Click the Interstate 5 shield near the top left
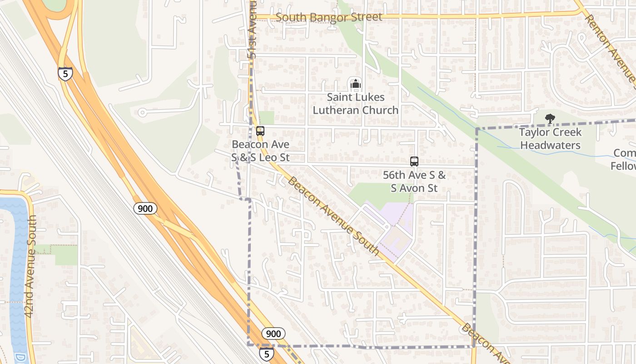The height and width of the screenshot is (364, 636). pyautogui.click(x=65, y=74)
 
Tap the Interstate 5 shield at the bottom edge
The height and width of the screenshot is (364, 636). pyautogui.click(x=267, y=354)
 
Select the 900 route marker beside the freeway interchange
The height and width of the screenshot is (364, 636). pyautogui.click(x=145, y=208)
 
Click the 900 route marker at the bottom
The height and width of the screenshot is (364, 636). pyautogui.click(x=273, y=334)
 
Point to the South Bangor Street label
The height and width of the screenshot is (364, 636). pyautogui.click(x=329, y=17)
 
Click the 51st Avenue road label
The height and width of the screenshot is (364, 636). pyautogui.click(x=253, y=30)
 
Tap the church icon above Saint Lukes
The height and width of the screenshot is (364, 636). pyautogui.click(x=355, y=84)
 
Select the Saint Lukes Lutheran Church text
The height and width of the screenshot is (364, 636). pyautogui.click(x=355, y=104)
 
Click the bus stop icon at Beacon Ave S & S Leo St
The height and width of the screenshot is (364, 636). pyautogui.click(x=260, y=131)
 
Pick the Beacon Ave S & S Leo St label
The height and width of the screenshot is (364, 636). pyautogui.click(x=260, y=151)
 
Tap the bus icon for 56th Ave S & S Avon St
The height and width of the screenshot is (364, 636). pyautogui.click(x=414, y=162)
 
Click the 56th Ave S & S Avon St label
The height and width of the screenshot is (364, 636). pyautogui.click(x=414, y=182)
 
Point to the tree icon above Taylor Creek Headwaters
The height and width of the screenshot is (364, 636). pyautogui.click(x=550, y=119)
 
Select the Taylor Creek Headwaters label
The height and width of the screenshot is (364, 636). pyautogui.click(x=550, y=139)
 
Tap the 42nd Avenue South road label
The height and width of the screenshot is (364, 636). pyautogui.click(x=30, y=266)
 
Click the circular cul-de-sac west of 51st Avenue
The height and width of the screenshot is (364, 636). pyautogui.click(x=143, y=112)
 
